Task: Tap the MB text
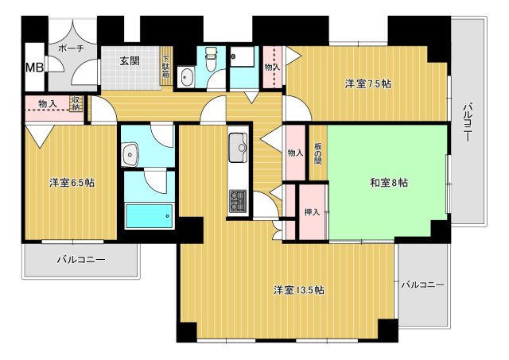coord(34,67)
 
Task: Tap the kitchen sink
coord(239,146)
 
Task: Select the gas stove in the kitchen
coord(239,201)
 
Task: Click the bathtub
coord(149,215)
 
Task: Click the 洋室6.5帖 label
coord(72,183)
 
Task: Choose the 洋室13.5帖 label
coord(298,289)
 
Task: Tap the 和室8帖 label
coord(388,183)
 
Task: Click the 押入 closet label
coord(312,212)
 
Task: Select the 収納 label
coord(76,103)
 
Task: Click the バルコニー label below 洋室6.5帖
coord(80,259)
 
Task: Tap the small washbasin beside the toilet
coord(186,77)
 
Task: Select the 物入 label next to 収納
coord(47,104)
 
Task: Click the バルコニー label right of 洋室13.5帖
coord(422,284)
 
